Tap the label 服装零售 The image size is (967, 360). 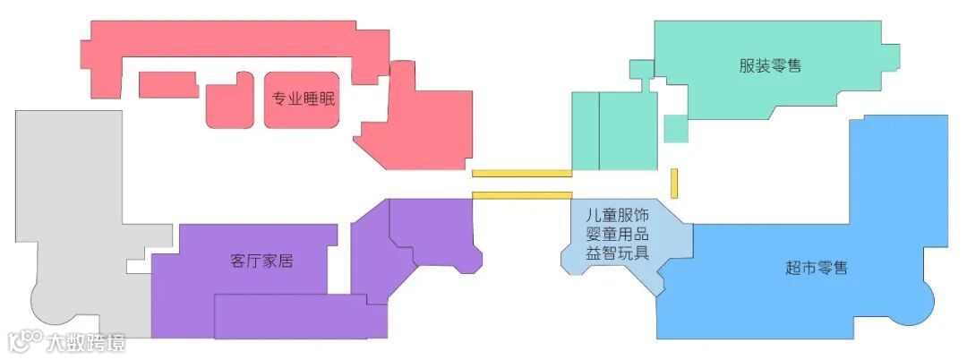click(x=770, y=66)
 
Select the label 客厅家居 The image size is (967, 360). click(x=261, y=261)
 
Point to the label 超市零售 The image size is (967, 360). click(x=817, y=268)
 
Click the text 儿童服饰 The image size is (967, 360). click(x=617, y=217)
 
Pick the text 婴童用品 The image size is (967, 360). click(x=617, y=235)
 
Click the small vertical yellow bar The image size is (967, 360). click(x=674, y=183)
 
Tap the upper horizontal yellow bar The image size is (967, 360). click(x=521, y=173)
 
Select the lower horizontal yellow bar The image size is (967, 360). click(x=521, y=195)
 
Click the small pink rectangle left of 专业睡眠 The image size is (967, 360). click(x=168, y=84)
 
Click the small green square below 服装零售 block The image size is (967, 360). click(x=676, y=128)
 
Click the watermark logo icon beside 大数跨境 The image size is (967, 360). click(x=25, y=341)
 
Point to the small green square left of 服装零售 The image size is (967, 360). click(x=641, y=69)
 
